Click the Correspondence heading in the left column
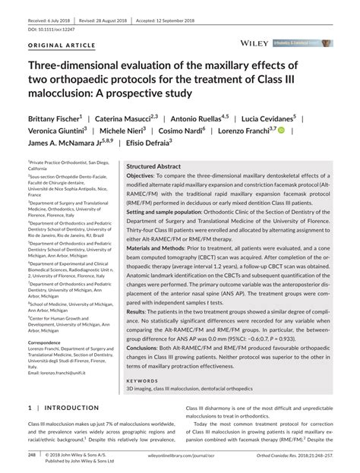[x=49, y=342]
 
